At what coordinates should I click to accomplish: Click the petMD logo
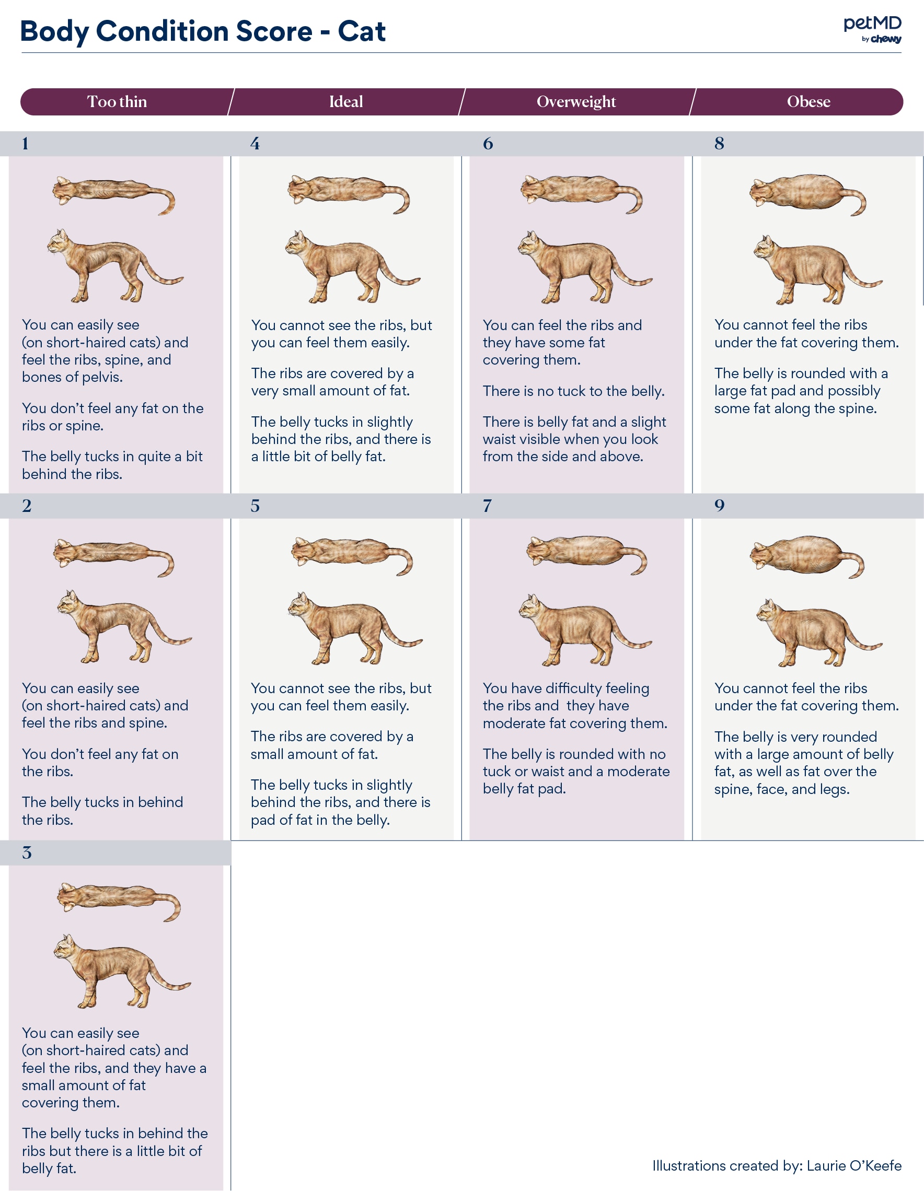tap(872, 29)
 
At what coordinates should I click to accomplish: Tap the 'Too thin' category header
tap(117, 102)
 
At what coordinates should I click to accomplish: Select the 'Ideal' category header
tap(346, 102)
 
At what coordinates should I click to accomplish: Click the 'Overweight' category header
tap(576, 102)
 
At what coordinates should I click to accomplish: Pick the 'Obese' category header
tap(808, 102)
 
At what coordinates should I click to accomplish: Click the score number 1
tap(25, 144)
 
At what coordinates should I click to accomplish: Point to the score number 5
tap(255, 506)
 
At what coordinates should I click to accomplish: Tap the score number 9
tap(720, 506)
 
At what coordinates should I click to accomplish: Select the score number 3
tap(27, 853)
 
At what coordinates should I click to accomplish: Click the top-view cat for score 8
tap(806, 194)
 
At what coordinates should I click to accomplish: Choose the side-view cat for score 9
tap(815, 633)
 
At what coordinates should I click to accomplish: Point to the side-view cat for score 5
tap(352, 628)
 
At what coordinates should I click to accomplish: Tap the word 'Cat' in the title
tap(361, 32)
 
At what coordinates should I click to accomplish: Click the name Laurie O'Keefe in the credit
tap(853, 1165)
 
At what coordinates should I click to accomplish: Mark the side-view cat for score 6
tap(582, 267)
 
